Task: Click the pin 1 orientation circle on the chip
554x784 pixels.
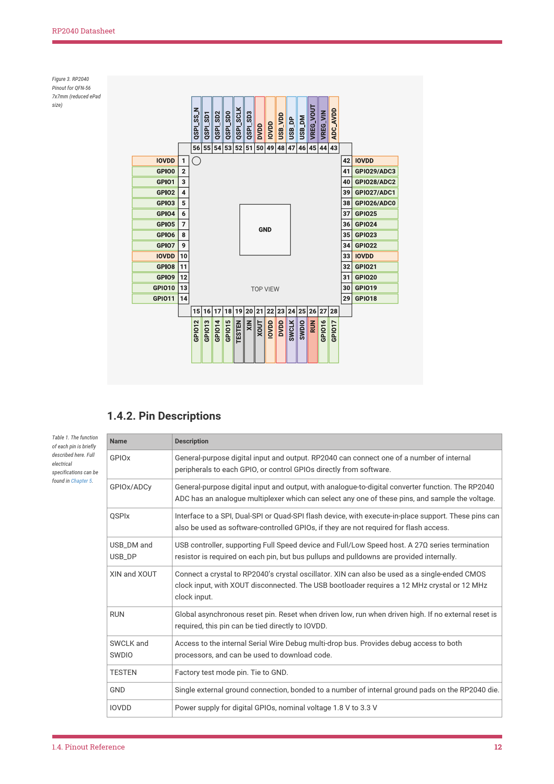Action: (x=196, y=161)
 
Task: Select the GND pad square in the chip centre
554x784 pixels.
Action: (x=265, y=230)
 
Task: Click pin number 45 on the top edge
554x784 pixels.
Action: (x=313, y=148)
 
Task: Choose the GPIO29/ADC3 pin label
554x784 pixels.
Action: (x=375, y=171)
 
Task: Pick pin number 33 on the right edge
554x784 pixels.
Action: (x=346, y=256)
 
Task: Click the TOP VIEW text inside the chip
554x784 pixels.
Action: (x=265, y=289)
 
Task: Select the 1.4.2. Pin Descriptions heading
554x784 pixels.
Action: (x=164, y=416)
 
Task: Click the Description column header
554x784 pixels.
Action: (x=192, y=441)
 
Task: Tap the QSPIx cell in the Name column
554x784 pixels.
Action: (x=120, y=516)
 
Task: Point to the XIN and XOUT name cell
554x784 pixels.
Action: (x=133, y=574)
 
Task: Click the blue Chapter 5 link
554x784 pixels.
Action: (x=81, y=481)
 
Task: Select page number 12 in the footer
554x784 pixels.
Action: (x=498, y=747)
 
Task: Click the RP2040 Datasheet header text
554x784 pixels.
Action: (x=84, y=31)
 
